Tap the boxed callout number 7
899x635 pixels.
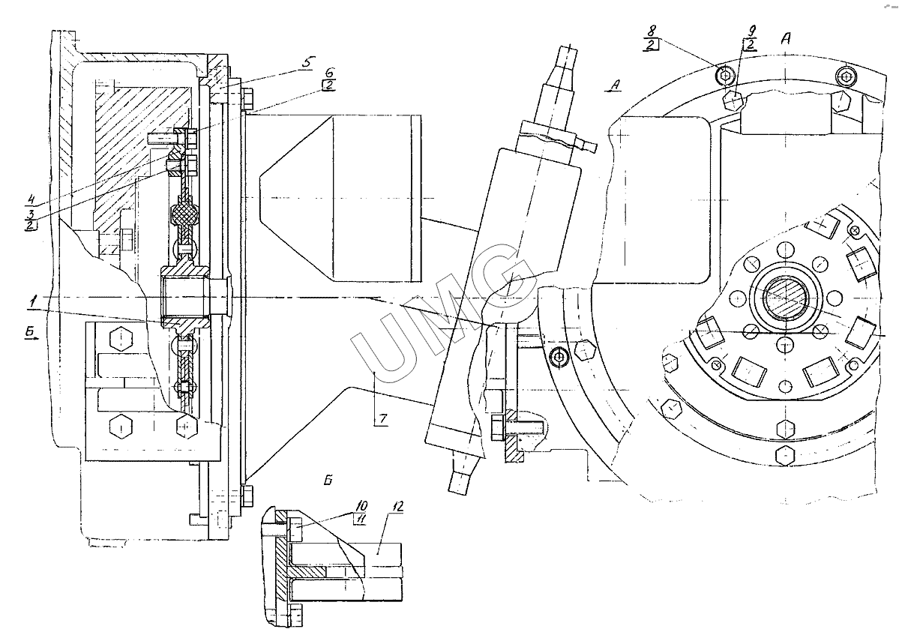coord(382,418)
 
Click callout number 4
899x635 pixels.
coord(31,199)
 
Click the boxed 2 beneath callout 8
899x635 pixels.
coord(653,46)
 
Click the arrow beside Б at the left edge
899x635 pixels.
coord(31,339)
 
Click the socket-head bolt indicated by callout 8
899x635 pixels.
coord(725,74)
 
